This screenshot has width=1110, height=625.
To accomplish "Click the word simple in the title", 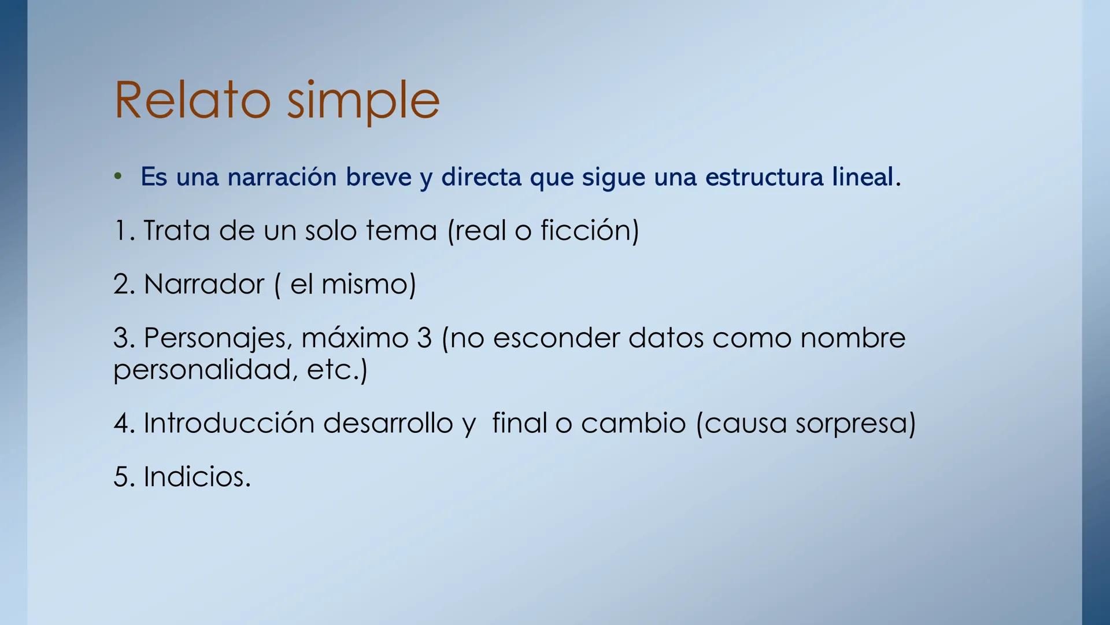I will click(363, 102).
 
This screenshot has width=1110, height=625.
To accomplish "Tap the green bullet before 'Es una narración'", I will click(118, 176).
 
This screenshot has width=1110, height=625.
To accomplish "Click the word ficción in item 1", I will click(586, 230).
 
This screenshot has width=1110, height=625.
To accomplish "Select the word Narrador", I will click(203, 284).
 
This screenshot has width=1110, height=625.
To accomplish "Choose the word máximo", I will click(355, 338).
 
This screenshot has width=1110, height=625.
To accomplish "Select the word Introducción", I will click(229, 423).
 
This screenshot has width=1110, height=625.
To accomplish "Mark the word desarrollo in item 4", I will click(388, 423).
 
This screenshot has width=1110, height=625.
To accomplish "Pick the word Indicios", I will click(197, 477).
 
